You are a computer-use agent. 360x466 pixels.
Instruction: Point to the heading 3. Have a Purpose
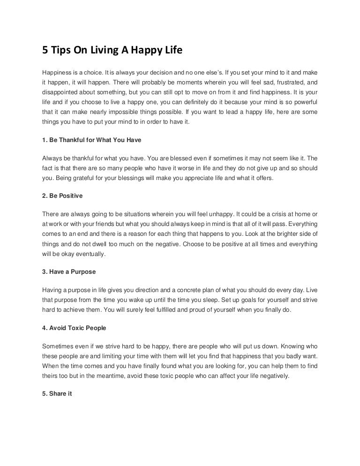click(69, 271)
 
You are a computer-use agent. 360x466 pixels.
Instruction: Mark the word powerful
click(301, 102)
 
